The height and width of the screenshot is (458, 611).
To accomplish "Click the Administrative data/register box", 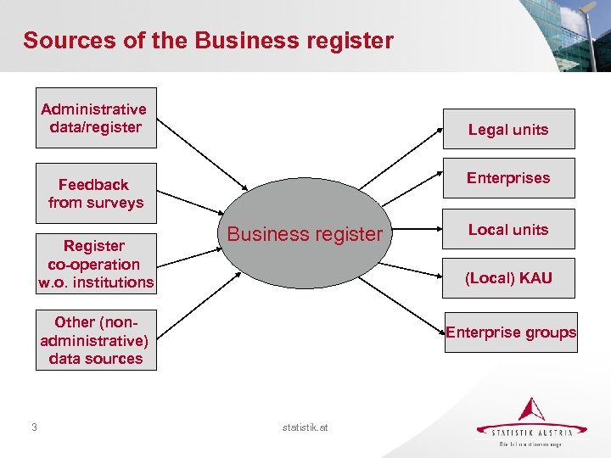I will [95, 118].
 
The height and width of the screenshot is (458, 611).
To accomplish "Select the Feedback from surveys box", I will [95, 193].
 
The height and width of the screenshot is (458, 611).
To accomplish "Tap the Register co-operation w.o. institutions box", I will [95, 263].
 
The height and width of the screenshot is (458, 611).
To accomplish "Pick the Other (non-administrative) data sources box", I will [95, 340].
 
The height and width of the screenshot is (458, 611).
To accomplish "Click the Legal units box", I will [508, 129].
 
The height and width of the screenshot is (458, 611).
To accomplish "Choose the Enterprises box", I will [508, 178].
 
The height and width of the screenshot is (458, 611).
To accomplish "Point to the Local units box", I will [508, 229].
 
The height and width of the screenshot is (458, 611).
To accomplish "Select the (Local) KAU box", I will [508, 278].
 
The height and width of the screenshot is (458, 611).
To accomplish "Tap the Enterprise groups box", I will [511, 332].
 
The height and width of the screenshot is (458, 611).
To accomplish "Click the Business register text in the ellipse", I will [305, 234].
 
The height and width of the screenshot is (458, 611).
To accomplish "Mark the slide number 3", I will [33, 427].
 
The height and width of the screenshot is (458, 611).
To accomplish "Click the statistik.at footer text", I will [305, 427].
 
